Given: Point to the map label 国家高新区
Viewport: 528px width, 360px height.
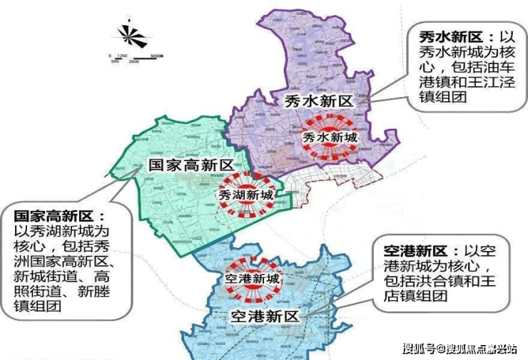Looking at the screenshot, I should pyautogui.click(x=191, y=165).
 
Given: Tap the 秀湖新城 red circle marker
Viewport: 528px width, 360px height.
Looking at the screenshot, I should pyautogui.click(x=245, y=194).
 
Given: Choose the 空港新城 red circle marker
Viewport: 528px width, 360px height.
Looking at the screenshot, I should pyautogui.click(x=253, y=279).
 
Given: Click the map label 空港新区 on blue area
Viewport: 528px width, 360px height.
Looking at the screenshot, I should pyautogui.click(x=264, y=314).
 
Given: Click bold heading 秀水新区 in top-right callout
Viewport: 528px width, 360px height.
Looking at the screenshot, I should pyautogui.click(x=437, y=36).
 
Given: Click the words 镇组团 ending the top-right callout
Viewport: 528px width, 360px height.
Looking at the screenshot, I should pyautogui.click(x=442, y=98).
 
